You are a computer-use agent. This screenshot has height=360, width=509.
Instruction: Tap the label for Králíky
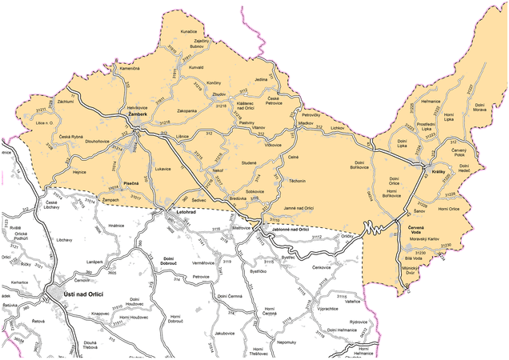439,173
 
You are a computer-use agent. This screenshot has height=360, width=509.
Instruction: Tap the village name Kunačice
189,31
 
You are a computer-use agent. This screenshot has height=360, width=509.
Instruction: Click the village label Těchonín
297,182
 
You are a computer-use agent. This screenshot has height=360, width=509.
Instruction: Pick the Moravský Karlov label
426,239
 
